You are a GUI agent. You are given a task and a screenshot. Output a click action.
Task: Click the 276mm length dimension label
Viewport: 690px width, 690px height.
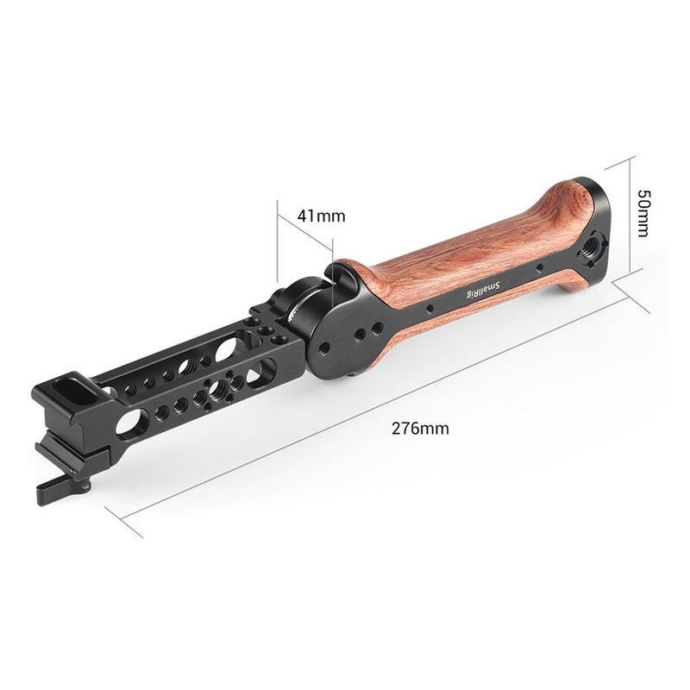coord(420,428)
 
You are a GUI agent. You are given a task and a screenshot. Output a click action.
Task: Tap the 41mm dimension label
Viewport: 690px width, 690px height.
coord(321,216)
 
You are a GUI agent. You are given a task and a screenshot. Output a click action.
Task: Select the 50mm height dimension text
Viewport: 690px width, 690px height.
coord(643,213)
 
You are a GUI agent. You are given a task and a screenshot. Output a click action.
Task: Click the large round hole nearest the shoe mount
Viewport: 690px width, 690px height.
coord(131,423)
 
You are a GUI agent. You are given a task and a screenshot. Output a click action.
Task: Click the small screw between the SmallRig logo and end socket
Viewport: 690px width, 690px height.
coord(538,267)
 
